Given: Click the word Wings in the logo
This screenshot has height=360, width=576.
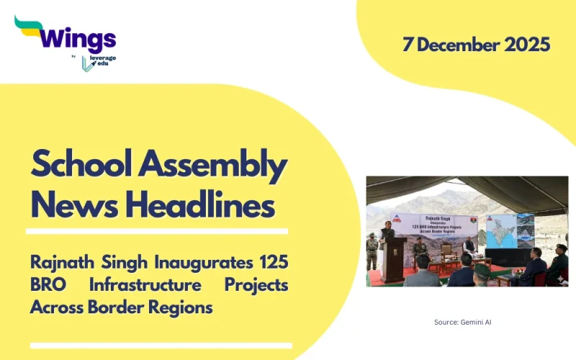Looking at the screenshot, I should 78,37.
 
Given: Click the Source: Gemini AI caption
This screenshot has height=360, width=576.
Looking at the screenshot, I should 462,322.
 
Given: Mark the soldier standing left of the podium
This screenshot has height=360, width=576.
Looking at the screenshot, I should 372,252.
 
